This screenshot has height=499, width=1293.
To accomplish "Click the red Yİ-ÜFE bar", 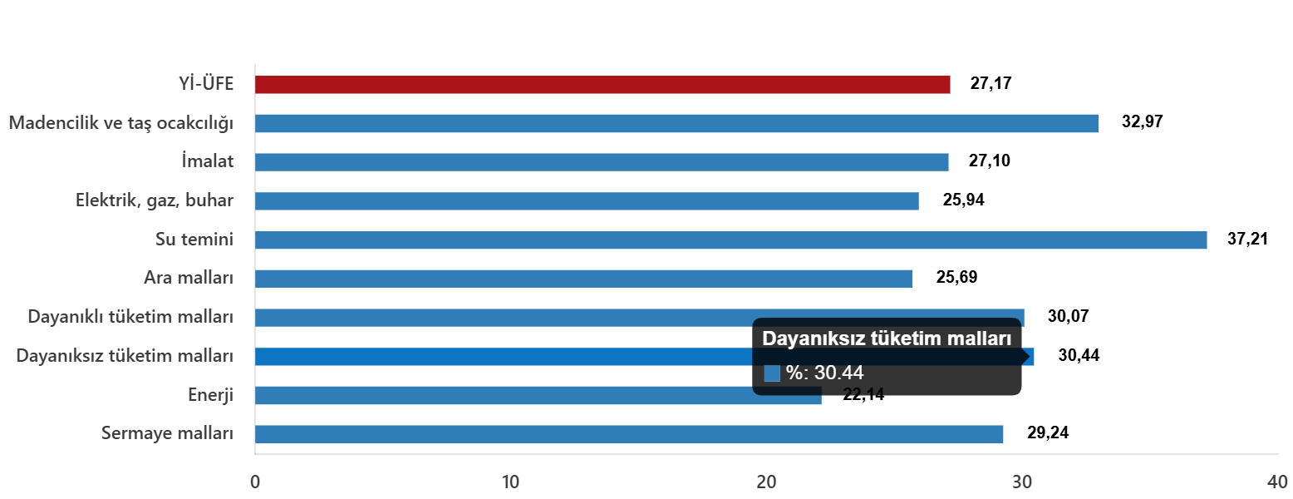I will [602, 85].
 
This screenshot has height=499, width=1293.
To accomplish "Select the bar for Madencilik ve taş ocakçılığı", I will [676, 124].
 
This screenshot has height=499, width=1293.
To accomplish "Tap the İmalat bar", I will [602, 162].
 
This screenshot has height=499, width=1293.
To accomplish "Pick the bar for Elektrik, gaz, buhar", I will [587, 201].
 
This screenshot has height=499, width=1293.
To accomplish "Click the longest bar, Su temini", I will [730, 240].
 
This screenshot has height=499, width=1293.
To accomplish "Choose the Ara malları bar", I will [583, 279].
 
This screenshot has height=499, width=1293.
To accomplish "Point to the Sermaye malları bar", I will [629, 434].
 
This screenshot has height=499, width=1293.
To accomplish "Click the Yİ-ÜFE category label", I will [206, 84].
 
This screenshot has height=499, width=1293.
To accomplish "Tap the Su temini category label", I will [194, 240].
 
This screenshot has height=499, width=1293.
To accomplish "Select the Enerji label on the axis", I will [210, 395].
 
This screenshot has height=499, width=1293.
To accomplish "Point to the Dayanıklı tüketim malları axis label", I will [130, 317].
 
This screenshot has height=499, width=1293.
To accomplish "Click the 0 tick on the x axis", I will [255, 482].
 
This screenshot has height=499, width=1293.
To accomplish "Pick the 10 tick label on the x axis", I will [510, 482].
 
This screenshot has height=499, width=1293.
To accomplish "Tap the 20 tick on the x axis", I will [765, 482].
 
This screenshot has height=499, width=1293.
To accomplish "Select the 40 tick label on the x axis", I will [1276, 482].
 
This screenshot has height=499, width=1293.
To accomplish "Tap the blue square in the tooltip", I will [772, 373].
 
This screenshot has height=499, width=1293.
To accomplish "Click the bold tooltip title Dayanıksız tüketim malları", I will [887, 339].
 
